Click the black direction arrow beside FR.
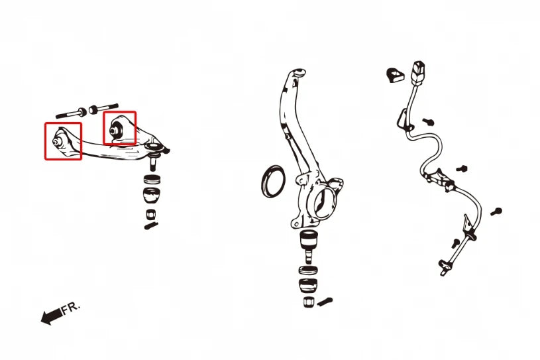52,316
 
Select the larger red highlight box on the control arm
63,141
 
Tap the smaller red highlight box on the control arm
120,127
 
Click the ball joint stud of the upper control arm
153,162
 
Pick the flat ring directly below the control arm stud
152,179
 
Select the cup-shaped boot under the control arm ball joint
152,196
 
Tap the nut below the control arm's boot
151,214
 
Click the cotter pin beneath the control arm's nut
151,225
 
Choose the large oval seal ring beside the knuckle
273,181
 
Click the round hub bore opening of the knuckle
324,203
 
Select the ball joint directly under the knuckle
309,246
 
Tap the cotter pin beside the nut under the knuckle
324,302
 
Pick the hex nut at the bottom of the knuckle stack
309,302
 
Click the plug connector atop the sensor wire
419,73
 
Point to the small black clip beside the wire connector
394,76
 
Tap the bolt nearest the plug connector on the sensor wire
429,121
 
